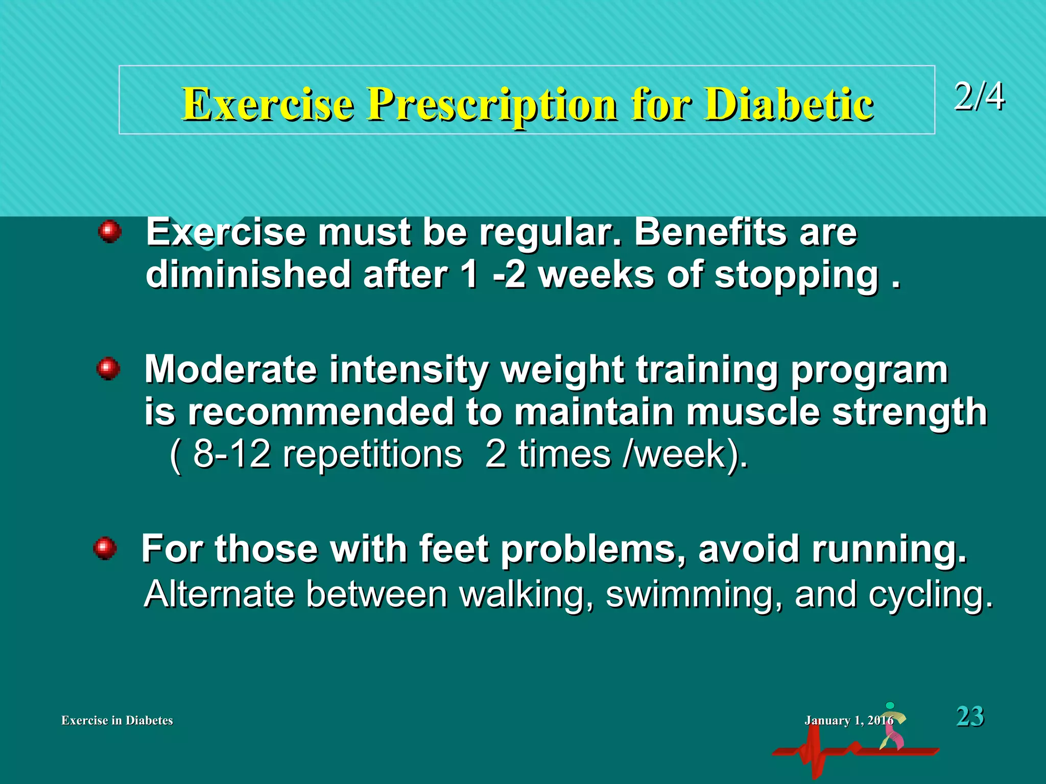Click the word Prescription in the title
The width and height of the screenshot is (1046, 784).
coord(492,105)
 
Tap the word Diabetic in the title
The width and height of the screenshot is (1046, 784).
coord(789,105)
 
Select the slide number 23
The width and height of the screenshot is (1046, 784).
coord(969,716)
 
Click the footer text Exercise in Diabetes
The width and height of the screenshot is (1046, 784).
coord(117,720)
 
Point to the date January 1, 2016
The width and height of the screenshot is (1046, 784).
coord(848,720)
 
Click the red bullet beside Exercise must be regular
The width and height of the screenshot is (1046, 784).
coord(110,232)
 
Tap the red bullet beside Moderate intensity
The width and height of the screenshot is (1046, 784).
coord(108,369)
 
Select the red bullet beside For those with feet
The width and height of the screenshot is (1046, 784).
coord(105,549)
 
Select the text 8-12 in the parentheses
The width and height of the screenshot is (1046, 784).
coord(231,454)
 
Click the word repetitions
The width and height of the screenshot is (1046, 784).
coord(372,454)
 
